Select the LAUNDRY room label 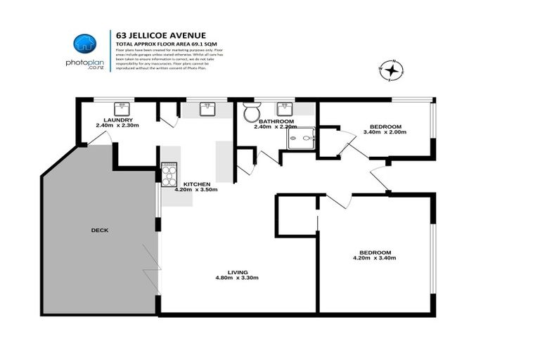tap(117, 120)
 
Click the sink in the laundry tap(123, 108)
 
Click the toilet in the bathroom tap(252, 112)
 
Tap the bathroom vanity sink tap(285, 108)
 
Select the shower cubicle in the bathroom tap(302, 139)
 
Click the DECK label tap(99, 230)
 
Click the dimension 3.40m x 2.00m tap(385, 131)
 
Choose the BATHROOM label tap(275, 121)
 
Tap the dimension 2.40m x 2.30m tap(117, 126)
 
